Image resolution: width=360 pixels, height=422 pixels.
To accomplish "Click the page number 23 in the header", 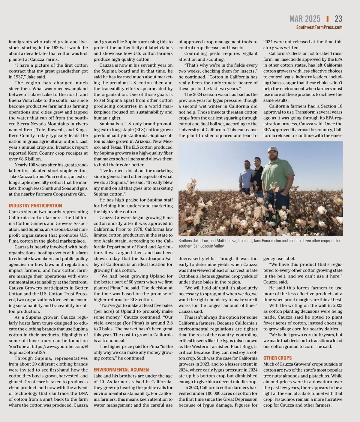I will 338,19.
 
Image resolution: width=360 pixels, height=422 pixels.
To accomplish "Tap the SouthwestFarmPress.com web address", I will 319,27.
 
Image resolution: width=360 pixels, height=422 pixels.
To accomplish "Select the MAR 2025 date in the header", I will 304,19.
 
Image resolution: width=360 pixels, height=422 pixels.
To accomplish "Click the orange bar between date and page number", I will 327,19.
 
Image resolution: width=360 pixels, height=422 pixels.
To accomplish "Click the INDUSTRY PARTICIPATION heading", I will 35,206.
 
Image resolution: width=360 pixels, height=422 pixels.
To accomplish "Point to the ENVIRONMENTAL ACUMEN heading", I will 121,370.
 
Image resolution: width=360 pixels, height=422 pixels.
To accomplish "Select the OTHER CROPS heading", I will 277,358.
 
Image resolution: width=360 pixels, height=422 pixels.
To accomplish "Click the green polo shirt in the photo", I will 274,174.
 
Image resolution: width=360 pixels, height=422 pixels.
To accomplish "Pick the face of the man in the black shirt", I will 257,162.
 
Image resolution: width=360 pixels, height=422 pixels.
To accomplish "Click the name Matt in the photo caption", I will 223,241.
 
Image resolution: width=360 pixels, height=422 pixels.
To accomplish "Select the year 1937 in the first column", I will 15,77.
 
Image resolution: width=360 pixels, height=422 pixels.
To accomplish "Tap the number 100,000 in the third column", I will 213,393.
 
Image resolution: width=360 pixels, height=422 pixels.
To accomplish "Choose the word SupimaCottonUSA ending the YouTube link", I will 27,352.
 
